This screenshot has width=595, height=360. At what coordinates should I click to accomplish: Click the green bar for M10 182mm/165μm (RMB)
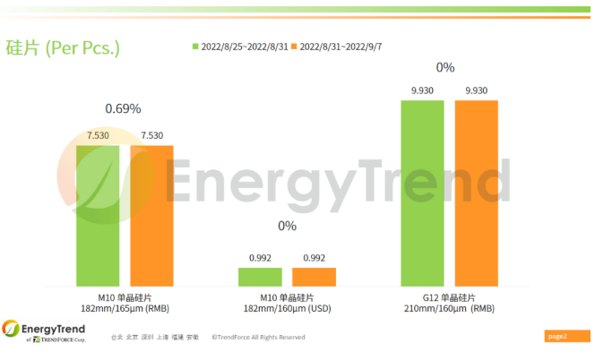(98, 215)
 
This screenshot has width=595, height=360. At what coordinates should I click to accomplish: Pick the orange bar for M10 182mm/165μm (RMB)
(151, 215)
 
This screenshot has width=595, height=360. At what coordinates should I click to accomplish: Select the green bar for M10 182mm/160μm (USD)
(260, 277)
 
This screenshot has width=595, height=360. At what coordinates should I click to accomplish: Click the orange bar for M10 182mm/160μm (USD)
(314, 277)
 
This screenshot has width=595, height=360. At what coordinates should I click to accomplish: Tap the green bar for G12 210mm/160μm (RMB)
(422, 193)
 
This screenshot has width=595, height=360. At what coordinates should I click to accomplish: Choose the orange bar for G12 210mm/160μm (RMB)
(476, 193)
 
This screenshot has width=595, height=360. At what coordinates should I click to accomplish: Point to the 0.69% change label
(124, 108)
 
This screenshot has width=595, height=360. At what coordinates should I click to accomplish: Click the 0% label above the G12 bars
(445, 67)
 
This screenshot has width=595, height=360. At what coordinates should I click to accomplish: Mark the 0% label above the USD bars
(287, 226)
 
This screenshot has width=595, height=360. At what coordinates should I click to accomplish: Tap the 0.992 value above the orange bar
(315, 258)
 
